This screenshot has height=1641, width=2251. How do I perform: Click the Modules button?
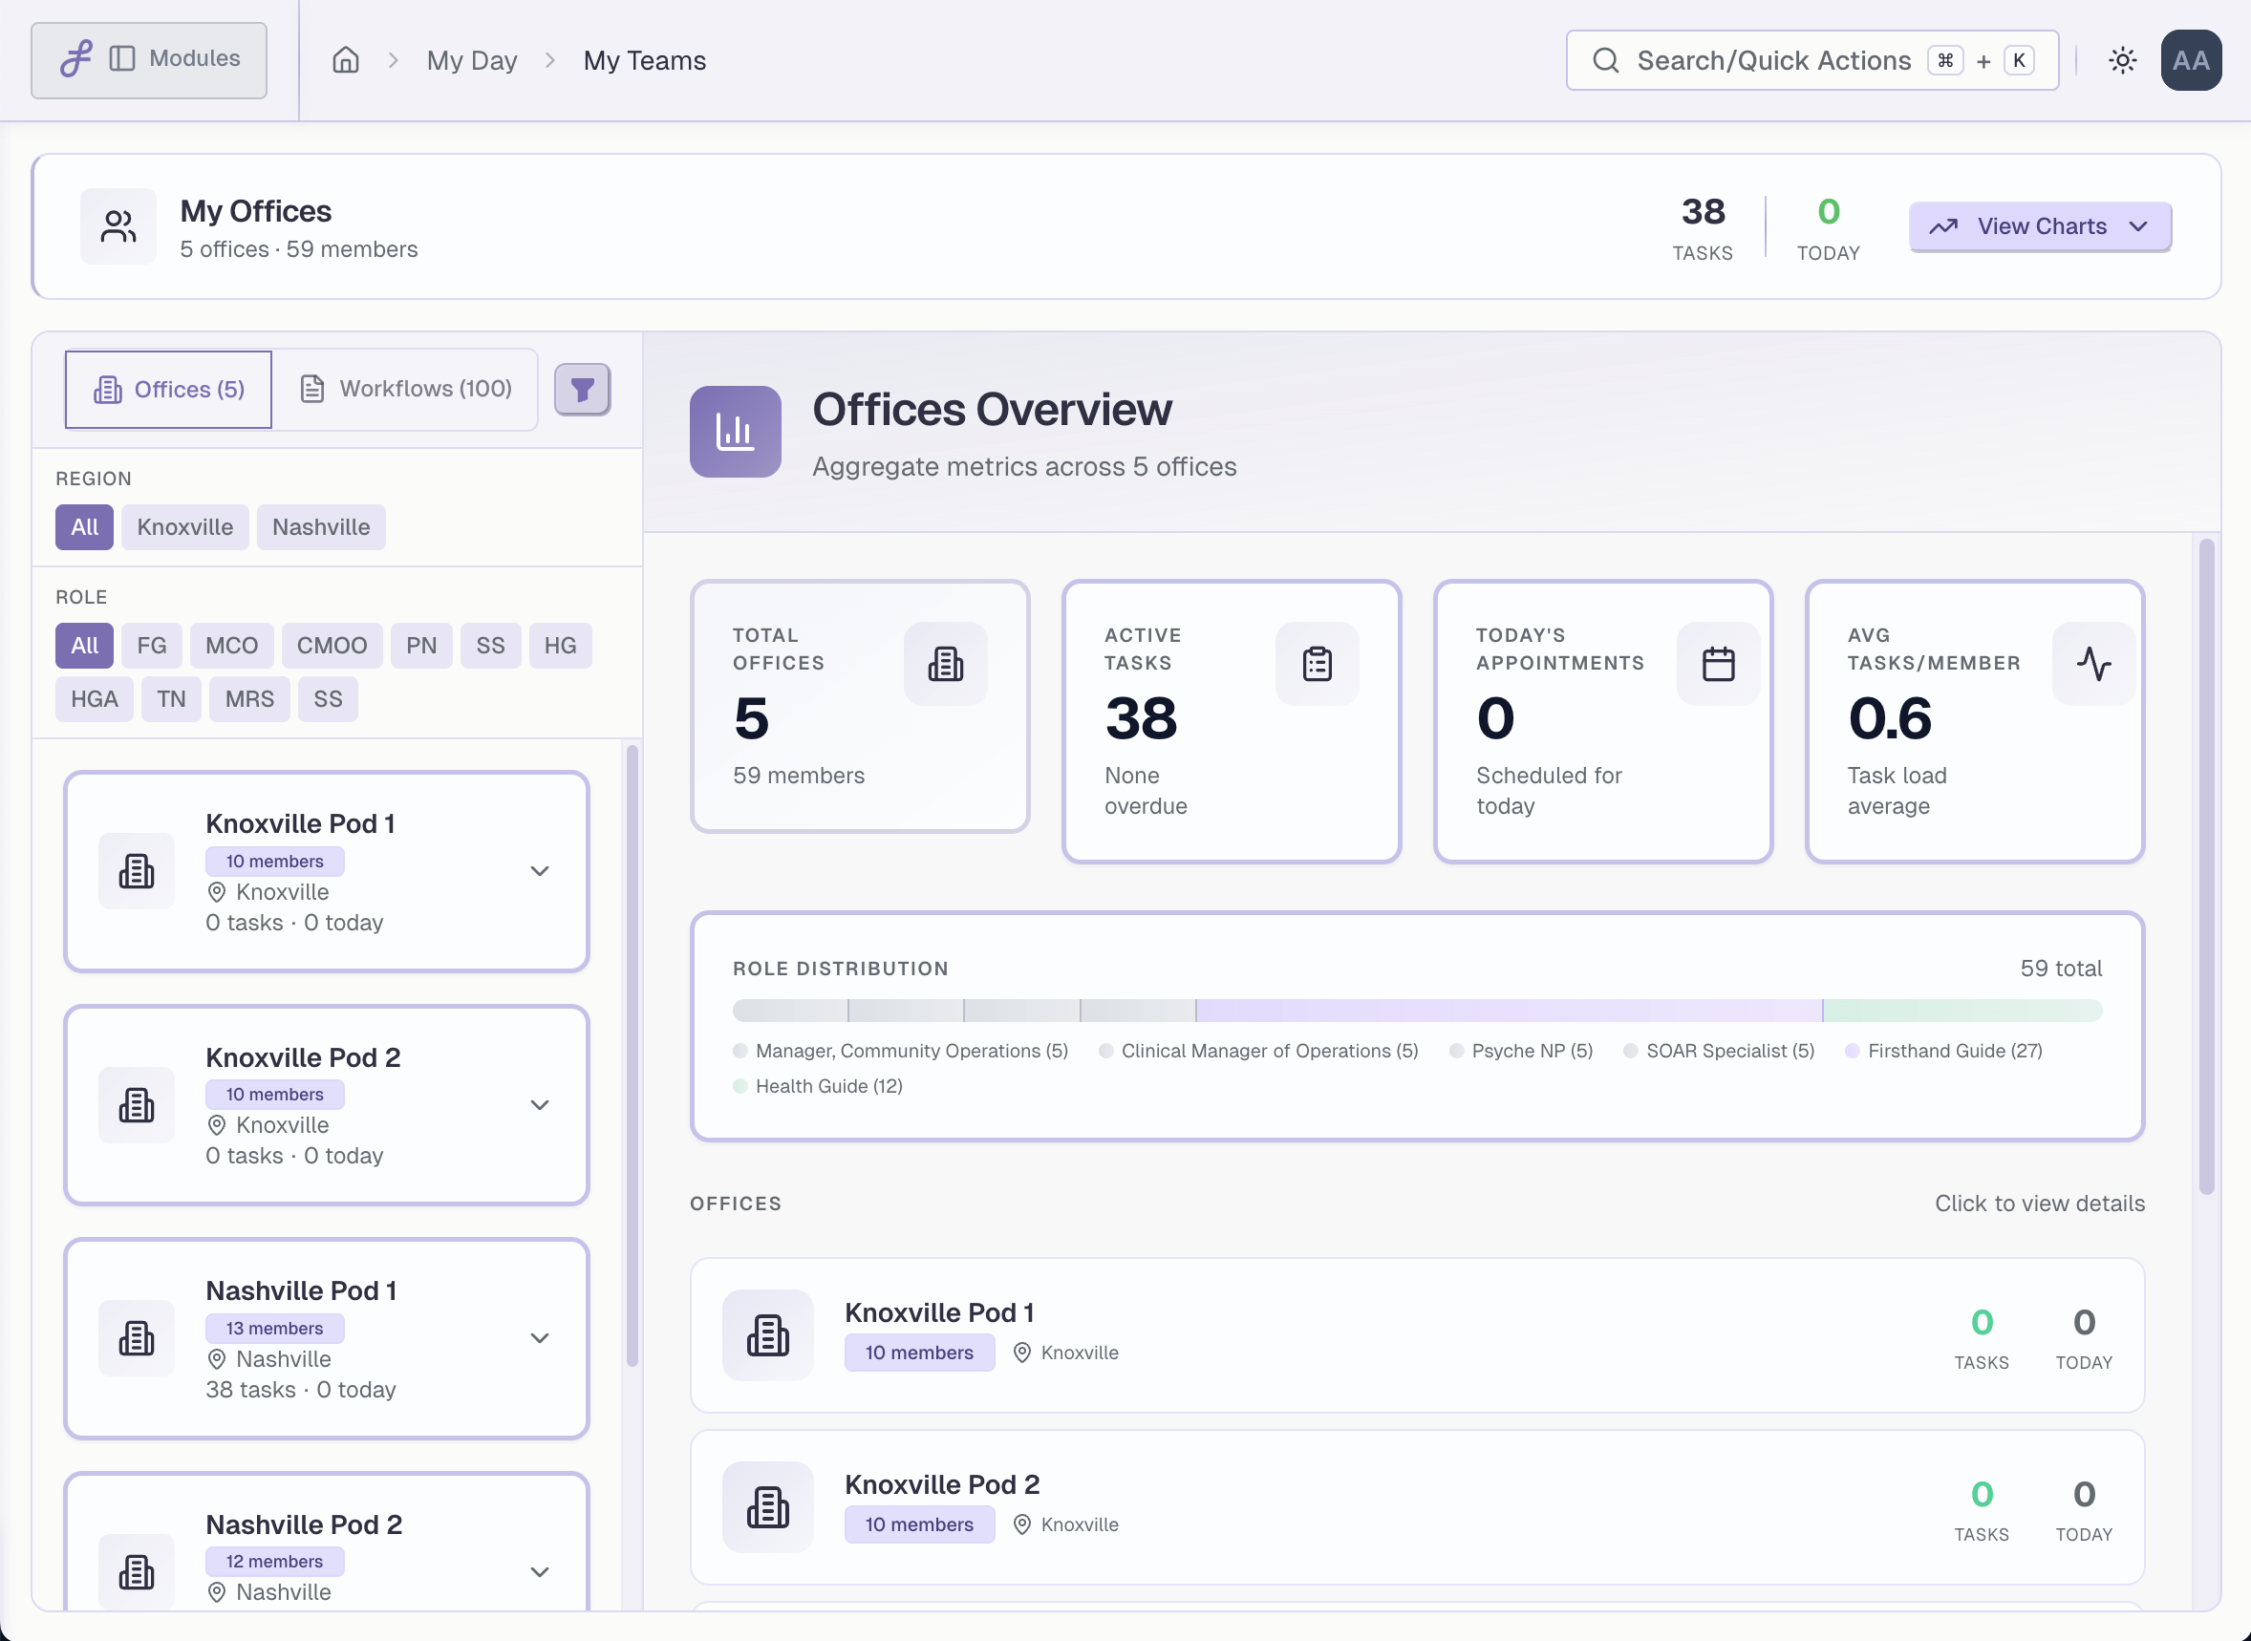(x=149, y=59)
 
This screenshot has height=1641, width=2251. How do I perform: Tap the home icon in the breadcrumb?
(x=346, y=60)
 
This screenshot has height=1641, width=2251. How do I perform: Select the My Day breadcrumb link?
(x=472, y=60)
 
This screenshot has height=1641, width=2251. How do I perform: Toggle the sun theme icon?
(x=2123, y=60)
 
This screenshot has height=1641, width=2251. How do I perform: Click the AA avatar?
(x=2191, y=60)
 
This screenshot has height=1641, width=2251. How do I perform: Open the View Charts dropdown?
(x=2040, y=226)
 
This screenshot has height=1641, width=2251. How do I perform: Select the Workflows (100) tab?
(x=406, y=389)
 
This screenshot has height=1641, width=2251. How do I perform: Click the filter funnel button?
(x=582, y=389)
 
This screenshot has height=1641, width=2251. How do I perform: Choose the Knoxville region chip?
(x=184, y=526)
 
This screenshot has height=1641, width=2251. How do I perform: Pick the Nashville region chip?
(x=321, y=526)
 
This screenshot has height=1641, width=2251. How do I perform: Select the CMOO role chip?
(x=332, y=646)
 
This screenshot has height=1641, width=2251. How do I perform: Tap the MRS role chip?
(x=249, y=699)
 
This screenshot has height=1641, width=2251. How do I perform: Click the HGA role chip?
(x=95, y=699)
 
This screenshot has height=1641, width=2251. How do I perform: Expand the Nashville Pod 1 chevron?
(x=540, y=1338)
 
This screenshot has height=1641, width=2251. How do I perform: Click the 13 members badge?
(x=274, y=1328)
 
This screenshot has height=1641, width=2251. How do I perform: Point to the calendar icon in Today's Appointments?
(x=1718, y=664)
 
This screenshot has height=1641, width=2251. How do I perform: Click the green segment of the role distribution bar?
(x=1962, y=1012)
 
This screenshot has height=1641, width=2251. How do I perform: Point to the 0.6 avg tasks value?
(x=1890, y=718)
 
